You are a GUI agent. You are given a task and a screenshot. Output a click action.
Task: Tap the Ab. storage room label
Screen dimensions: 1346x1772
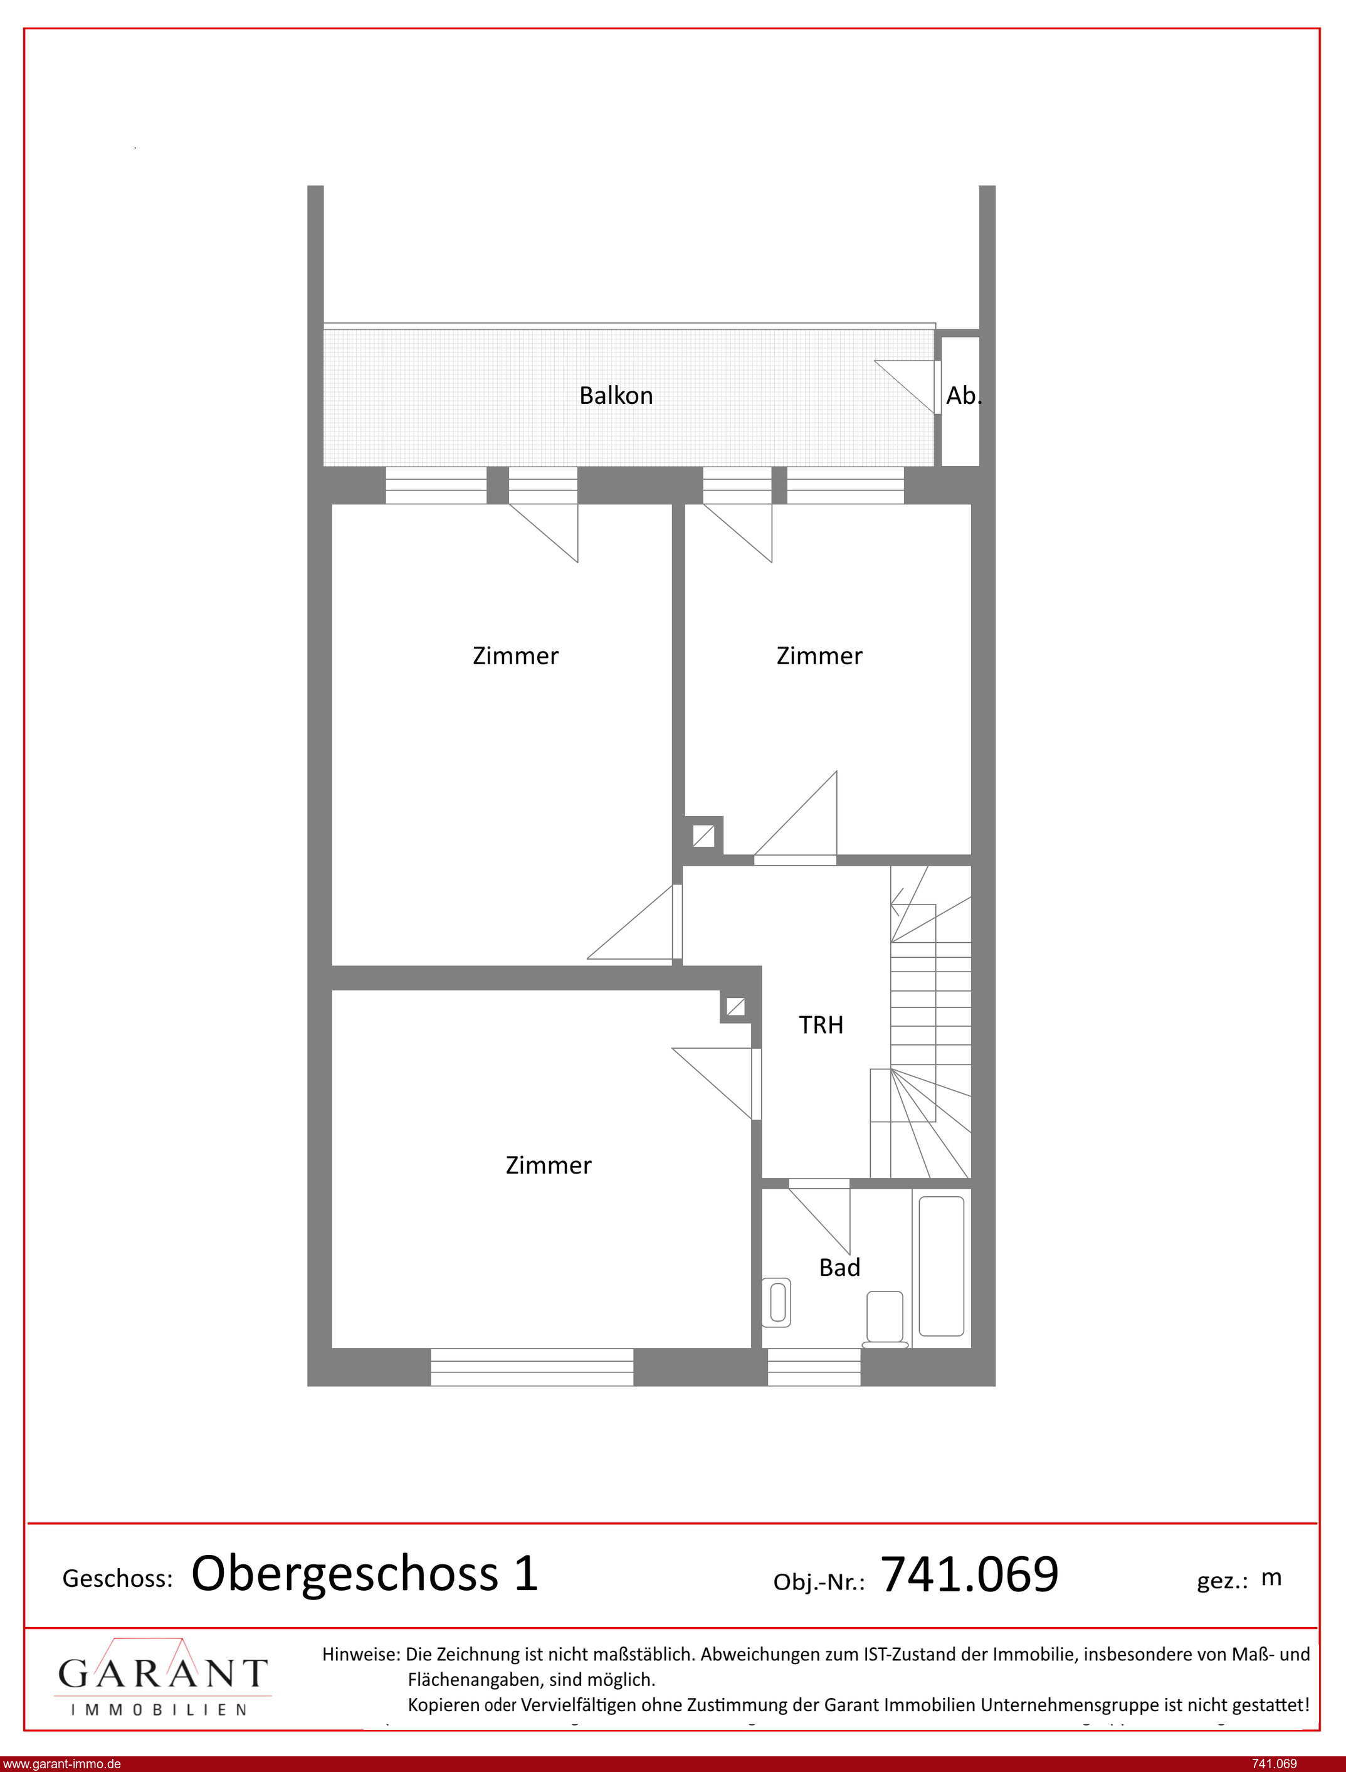(963, 396)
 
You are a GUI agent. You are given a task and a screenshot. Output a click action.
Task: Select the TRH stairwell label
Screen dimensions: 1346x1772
(821, 1025)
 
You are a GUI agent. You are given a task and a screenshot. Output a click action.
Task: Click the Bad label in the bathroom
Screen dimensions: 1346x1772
(839, 1267)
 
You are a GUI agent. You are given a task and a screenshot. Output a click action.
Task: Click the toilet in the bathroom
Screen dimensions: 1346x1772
(885, 1318)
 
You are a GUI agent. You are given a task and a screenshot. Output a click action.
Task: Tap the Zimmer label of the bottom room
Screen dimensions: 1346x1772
(548, 1165)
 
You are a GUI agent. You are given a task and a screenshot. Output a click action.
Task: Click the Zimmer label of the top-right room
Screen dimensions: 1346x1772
(819, 656)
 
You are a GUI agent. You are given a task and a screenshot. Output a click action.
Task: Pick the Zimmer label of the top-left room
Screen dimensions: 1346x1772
(515, 656)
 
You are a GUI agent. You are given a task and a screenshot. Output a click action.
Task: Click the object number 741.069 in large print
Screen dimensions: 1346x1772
(969, 1574)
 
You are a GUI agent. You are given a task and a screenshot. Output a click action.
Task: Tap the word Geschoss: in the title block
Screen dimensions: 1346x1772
(118, 1579)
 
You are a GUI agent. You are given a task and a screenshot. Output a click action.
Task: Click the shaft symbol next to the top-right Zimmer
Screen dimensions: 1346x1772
(703, 836)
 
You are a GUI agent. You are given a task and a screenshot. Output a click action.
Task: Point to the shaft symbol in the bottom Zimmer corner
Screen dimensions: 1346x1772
(735, 1007)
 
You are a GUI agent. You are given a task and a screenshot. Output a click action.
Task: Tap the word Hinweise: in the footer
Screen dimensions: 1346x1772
(360, 1654)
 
